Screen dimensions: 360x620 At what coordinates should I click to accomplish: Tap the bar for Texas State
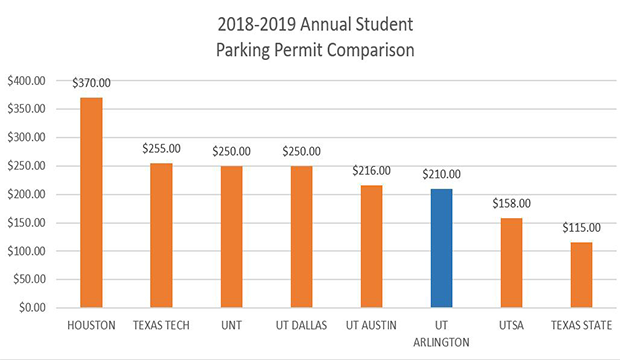coord(581,275)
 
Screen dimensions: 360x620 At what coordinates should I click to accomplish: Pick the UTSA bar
coord(511,262)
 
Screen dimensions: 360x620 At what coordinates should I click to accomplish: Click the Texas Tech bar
coord(161,235)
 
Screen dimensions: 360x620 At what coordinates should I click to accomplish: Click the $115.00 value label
coord(581,229)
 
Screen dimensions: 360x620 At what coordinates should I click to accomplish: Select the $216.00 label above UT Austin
coord(371,171)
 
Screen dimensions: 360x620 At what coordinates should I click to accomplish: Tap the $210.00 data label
coord(441,175)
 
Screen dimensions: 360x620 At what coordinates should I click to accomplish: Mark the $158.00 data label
coord(511,204)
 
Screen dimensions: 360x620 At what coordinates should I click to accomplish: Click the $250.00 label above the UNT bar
coord(231,151)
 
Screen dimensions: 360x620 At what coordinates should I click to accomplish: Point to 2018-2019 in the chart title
coord(259,21)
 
